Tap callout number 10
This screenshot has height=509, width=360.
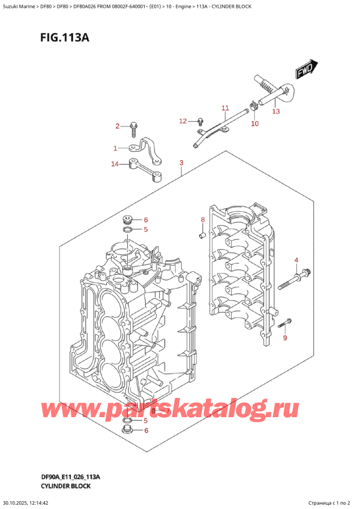tap(254, 123)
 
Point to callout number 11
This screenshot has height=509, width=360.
tap(225, 108)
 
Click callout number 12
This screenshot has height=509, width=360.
tap(184, 121)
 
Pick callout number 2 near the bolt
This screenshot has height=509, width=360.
tap(118, 125)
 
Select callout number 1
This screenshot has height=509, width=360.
tap(115, 148)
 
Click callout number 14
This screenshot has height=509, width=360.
tap(115, 164)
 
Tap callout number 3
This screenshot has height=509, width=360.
tap(181, 163)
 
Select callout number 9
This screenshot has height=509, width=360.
tap(286, 338)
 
